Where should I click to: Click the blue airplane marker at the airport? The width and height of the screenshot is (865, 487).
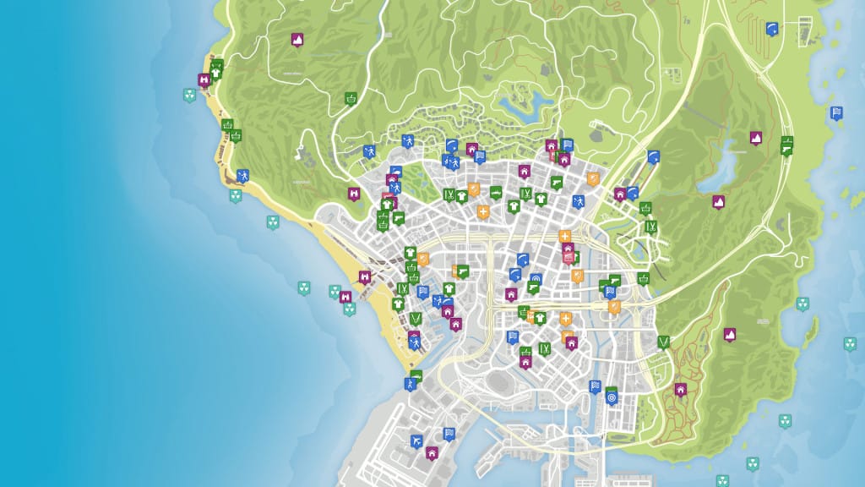pyautogui.click(x=416, y=440)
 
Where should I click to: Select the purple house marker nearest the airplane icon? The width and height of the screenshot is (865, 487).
pyautogui.click(x=432, y=452)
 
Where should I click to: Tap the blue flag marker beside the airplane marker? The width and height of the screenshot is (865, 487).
pyautogui.click(x=449, y=434)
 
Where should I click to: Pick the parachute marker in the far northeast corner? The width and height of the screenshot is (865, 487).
pyautogui.click(x=771, y=28)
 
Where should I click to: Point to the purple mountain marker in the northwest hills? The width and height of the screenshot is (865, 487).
pyautogui.click(x=296, y=39)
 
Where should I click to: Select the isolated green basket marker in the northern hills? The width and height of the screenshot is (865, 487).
pyautogui.click(x=350, y=98)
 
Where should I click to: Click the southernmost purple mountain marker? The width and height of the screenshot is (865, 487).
pyautogui.click(x=729, y=333)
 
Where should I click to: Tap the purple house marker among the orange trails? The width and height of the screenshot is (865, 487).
pyautogui.click(x=680, y=389)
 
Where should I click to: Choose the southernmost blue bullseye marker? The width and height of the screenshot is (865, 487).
pyautogui.click(x=612, y=393)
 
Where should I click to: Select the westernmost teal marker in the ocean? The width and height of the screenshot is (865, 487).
pyautogui.click(x=189, y=95)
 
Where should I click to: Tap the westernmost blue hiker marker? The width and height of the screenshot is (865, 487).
pyautogui.click(x=242, y=176)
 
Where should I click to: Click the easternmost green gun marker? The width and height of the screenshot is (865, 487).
pyautogui.click(x=786, y=146)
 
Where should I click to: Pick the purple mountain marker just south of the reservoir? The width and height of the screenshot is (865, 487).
pyautogui.click(x=718, y=201)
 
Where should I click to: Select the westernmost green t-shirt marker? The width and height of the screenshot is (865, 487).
pyautogui.click(x=216, y=72)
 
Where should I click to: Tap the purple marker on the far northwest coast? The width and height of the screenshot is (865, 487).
pyautogui.click(x=204, y=80)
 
